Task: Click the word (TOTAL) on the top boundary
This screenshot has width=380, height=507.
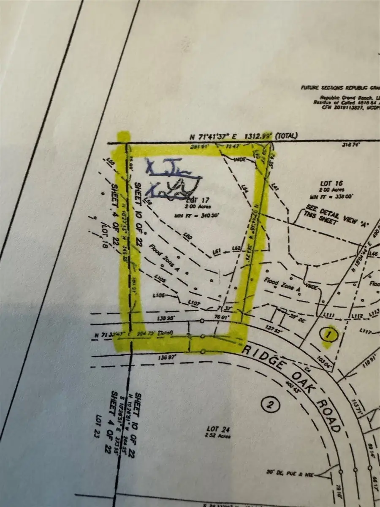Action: point(286,136)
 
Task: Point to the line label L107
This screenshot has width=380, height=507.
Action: point(193,303)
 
